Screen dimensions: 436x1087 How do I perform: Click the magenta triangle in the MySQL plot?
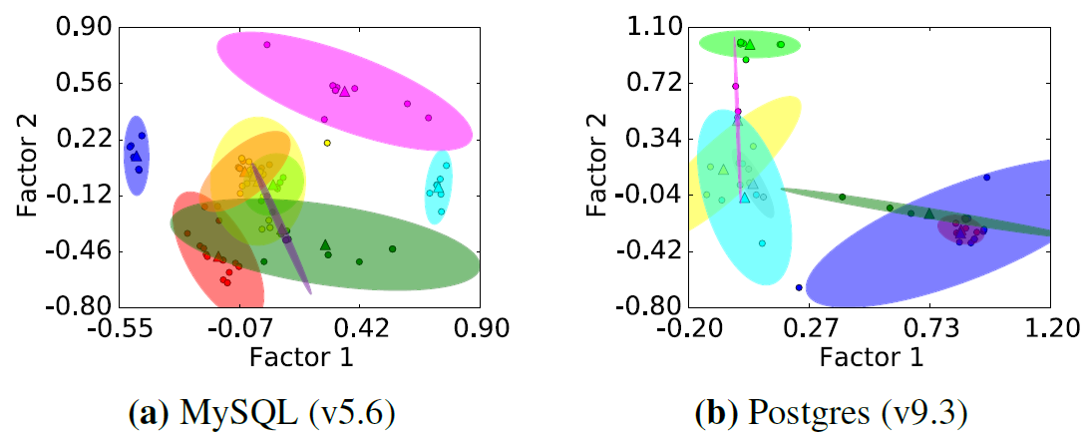344,91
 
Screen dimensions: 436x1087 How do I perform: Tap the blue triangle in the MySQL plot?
136,156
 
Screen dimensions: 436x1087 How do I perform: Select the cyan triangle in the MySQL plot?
439,184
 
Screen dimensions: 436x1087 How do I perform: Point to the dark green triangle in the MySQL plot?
325,244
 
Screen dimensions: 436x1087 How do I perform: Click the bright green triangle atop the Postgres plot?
750,44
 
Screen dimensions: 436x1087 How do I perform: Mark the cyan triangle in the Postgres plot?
744,198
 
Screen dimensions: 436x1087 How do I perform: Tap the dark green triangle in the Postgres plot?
928,213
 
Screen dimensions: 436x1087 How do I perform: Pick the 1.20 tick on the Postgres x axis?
1049,328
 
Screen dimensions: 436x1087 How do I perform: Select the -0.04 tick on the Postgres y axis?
648,195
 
